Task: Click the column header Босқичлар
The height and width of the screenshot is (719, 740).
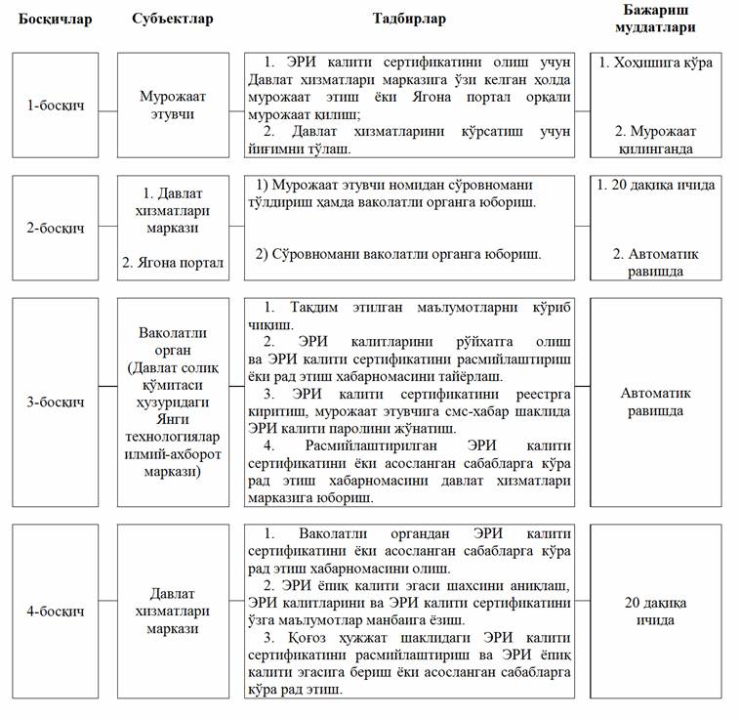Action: point(55,20)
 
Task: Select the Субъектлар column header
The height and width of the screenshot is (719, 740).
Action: point(172,20)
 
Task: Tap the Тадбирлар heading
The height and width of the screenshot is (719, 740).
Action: point(409,20)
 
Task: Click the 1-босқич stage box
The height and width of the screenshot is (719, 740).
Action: point(55,105)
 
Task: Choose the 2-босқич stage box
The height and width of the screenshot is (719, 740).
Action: point(55,228)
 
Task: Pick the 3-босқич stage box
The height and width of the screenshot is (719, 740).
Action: point(55,402)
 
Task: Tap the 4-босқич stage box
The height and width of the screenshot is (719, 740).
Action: point(55,612)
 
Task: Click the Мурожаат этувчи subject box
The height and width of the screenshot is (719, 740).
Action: point(173,105)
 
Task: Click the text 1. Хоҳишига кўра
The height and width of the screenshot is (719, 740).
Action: point(655,63)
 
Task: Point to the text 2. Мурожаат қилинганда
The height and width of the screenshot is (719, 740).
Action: point(655,140)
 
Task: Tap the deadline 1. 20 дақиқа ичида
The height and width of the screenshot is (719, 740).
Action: point(655,185)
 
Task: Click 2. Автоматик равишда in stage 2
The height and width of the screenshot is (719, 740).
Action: point(655,262)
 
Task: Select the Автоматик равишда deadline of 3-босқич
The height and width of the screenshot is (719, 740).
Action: point(655,402)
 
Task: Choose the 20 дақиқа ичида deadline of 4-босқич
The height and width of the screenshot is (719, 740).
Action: point(655,612)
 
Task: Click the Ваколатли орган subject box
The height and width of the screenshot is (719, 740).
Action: point(173,402)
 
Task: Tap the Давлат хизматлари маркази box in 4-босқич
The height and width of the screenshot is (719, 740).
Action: point(173,612)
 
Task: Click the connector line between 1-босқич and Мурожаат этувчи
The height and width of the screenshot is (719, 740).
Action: point(107,105)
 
